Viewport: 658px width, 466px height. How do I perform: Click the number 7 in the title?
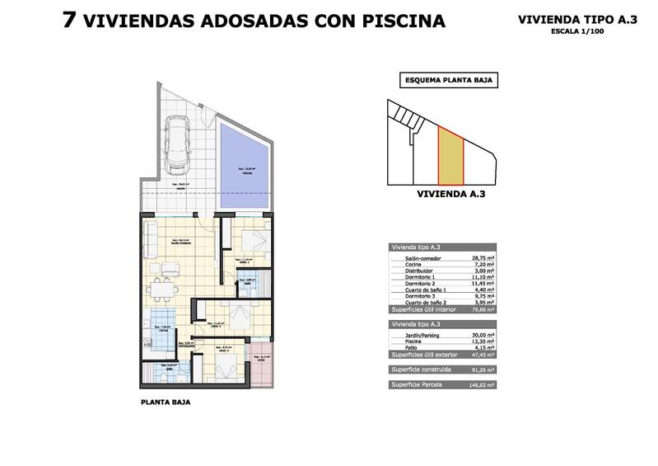(x=71, y=20)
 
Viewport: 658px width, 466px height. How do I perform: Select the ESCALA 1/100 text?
(x=580, y=31)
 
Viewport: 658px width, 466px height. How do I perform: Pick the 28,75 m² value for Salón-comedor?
(x=479, y=258)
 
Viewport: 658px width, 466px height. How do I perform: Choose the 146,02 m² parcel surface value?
(x=479, y=384)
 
